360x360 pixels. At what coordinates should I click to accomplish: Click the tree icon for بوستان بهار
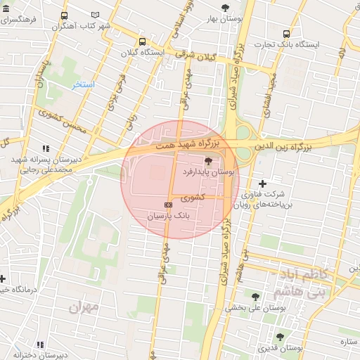point(225,8)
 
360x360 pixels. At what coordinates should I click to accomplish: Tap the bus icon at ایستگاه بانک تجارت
point(286,34)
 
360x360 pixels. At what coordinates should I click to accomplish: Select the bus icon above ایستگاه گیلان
point(143,41)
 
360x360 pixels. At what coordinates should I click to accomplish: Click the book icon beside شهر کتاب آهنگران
point(96,15)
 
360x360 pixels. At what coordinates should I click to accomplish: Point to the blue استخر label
point(84,84)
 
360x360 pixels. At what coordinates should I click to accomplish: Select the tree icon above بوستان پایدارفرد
point(207,161)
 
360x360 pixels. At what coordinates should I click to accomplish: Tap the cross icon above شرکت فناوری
point(263,184)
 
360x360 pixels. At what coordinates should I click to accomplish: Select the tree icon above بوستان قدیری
point(280,337)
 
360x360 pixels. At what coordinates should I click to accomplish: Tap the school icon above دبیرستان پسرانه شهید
point(46,148)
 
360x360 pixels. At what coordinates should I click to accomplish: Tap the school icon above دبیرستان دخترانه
point(39,345)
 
